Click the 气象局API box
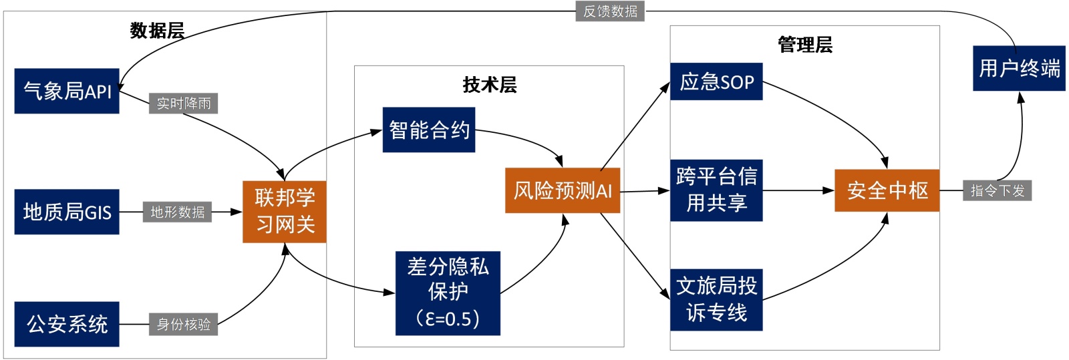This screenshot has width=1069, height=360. pos(67,91)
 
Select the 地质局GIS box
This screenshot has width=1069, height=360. pos(67,212)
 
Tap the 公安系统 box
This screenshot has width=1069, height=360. pos(67,324)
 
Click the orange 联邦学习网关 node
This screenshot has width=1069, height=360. pos(285,211)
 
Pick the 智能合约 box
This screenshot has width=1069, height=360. pos(429,130)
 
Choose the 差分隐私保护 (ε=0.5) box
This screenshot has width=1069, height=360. pos(448,293)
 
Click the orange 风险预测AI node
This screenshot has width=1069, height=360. pos(563,190)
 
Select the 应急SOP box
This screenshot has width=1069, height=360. pos(716,81)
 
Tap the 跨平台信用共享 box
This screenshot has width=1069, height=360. pos(716,190)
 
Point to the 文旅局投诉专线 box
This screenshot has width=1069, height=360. pos(716,299)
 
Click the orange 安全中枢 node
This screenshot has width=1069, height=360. pos(887,190)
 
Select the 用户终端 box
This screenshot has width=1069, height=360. pos(1019,68)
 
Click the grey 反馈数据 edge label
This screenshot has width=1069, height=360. pos(610,11)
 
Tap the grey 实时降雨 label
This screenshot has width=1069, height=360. pos(184,104)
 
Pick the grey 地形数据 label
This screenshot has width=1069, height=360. pos(177,212)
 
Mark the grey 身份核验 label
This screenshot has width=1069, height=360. pos(184,324)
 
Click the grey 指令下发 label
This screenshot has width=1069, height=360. pos(997,190)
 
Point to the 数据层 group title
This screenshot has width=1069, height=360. pos(157,31)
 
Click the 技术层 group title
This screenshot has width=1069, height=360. pos(490,85)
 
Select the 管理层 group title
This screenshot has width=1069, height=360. pos(805,45)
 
